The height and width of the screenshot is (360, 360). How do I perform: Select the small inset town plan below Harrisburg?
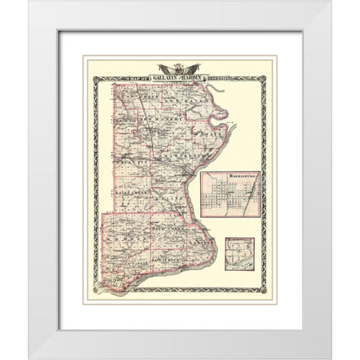(239, 254)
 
